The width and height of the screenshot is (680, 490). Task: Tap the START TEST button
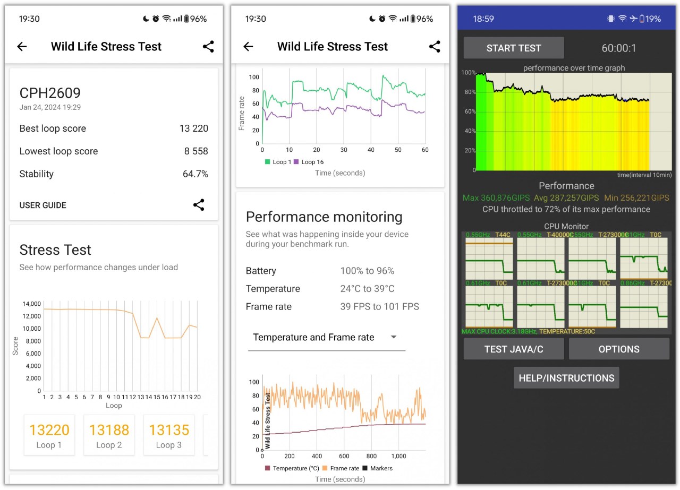point(513,48)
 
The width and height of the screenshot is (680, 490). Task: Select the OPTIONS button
point(619,349)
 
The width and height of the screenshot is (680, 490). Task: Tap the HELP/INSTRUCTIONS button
point(566,378)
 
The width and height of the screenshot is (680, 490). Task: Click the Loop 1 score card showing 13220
point(49,435)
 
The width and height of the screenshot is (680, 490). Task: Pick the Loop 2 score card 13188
point(109,435)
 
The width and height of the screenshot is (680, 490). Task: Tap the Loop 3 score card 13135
point(168,435)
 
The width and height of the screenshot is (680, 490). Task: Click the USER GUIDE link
point(43,205)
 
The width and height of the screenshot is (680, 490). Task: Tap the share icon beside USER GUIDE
point(199,205)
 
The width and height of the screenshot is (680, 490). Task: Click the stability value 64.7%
point(196,174)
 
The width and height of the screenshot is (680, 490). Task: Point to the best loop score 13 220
point(193,128)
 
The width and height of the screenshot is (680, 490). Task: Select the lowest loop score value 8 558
point(196,151)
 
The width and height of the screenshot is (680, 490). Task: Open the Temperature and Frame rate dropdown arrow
point(394,337)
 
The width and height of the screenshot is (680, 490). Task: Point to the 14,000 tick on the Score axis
point(31,304)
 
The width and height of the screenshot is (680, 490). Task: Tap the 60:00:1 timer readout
point(618,48)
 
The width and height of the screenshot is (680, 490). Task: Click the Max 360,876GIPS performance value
point(496,198)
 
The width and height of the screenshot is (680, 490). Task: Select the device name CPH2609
point(50,93)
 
